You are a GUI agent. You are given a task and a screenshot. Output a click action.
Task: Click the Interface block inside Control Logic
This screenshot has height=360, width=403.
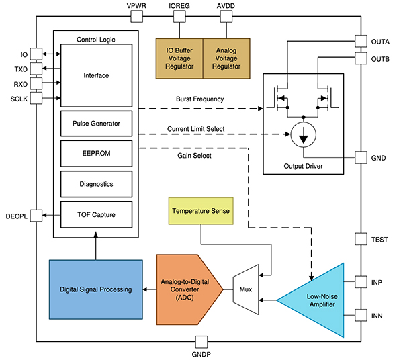tap(95, 75)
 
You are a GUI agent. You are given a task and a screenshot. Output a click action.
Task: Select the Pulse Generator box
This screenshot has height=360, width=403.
tap(95, 124)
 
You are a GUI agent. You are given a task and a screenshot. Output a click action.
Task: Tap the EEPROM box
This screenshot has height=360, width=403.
tap(95, 153)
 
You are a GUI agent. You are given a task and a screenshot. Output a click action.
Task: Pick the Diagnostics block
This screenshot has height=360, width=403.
tap(95, 183)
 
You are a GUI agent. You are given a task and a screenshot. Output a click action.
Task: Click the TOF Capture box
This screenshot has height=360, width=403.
tap(95, 214)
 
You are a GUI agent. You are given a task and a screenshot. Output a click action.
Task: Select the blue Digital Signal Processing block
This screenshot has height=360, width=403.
tap(95, 289)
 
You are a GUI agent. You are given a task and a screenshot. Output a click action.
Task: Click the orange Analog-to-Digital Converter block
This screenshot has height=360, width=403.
tap(188, 289)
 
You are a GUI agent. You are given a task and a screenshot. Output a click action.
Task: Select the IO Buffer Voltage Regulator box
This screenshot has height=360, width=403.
tap(179, 53)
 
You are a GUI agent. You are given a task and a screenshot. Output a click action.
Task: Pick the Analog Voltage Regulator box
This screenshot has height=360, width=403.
tap(226, 53)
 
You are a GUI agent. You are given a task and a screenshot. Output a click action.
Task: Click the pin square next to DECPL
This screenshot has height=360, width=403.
tap(39, 215)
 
